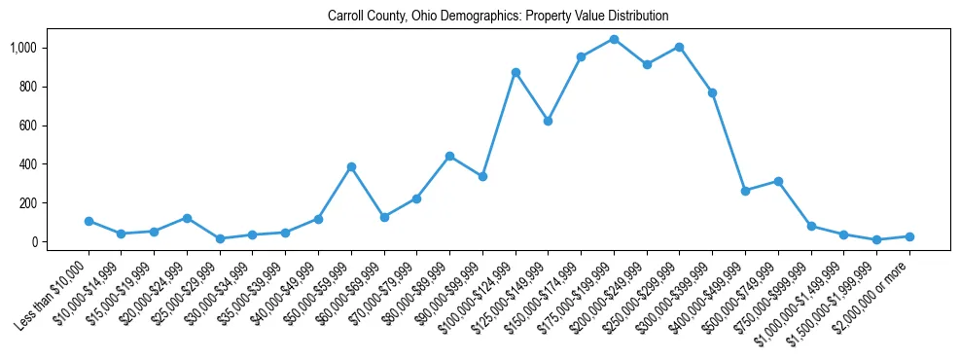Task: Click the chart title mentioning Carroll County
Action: tap(498, 17)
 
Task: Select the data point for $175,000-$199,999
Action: tap(614, 39)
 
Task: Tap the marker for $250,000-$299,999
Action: tap(679, 47)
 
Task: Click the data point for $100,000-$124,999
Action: tap(516, 72)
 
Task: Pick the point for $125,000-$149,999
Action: tap(548, 121)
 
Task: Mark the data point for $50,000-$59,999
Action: tap(351, 166)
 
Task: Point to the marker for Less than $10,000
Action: tap(89, 221)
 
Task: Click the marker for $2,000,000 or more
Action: tap(909, 236)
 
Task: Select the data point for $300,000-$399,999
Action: tap(712, 92)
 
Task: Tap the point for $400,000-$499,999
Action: tap(745, 191)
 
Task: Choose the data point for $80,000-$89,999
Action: tap(449, 156)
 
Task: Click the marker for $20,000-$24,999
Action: tap(187, 218)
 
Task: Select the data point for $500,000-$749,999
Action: tap(778, 181)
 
